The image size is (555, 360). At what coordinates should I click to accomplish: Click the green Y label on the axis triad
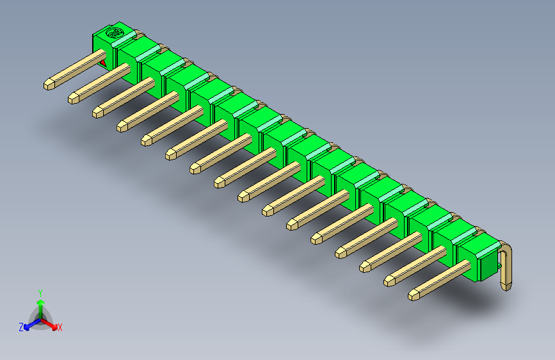40,292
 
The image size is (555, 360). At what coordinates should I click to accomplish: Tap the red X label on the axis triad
60,328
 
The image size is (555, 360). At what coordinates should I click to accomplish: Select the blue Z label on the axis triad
21,327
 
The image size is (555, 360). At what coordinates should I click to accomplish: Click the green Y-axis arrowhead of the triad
40,302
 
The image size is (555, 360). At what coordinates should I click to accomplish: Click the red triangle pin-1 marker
103,62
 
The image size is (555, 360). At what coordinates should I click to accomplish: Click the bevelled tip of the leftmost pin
49,84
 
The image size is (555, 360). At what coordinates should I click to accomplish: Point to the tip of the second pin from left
73,98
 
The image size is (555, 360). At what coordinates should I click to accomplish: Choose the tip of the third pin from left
97,112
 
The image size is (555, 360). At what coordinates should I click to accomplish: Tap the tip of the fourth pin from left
122,126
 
